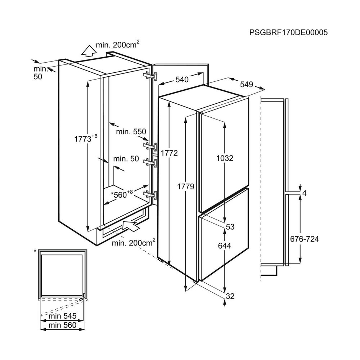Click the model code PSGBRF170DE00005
[288, 33]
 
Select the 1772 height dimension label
[169, 153]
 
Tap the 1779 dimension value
[186, 186]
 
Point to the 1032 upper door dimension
[225, 158]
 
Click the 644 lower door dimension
[225, 246]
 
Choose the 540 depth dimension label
[182, 80]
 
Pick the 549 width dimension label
[247, 85]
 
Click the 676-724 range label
[305, 239]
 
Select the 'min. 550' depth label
[131, 132]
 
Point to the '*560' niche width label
[122, 194]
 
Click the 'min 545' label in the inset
[62, 316]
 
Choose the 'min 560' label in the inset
[62, 325]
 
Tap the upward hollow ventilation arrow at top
[89, 51]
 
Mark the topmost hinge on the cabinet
[150, 76]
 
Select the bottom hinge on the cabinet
[150, 195]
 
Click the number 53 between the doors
[230, 227]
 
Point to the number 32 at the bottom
[230, 296]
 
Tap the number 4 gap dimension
[305, 193]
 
